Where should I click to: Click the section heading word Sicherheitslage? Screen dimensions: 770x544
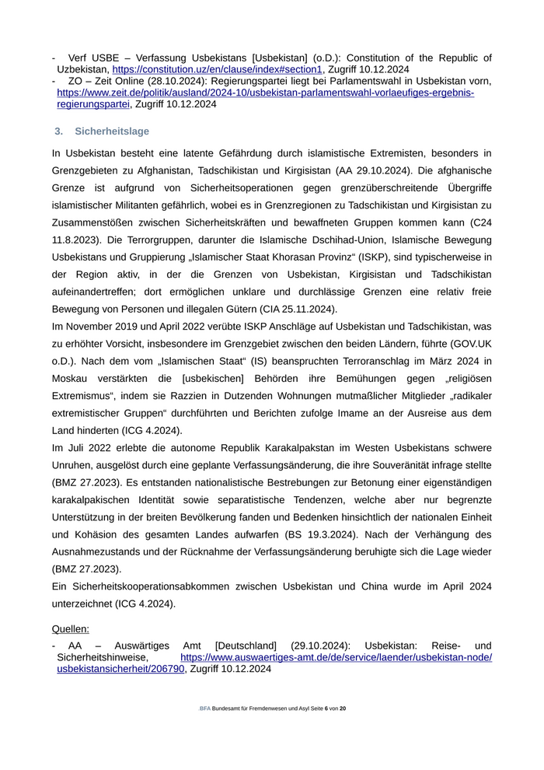click(112, 131)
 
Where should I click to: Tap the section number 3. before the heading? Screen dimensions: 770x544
click(58, 131)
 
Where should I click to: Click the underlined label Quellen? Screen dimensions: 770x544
click(70, 628)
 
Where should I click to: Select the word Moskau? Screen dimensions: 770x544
click(73, 380)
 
